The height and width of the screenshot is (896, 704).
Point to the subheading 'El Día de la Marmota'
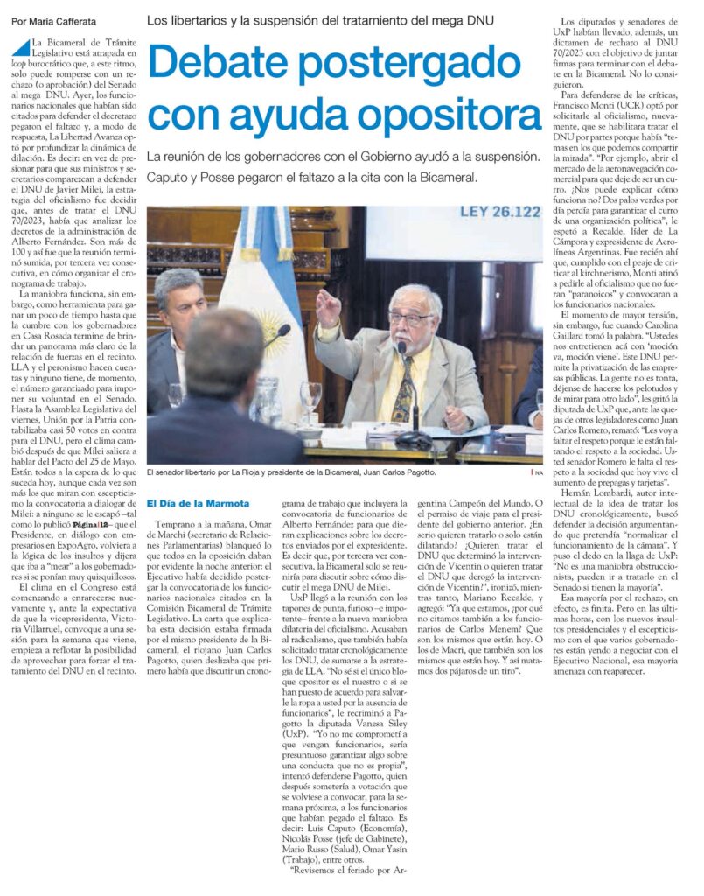198,503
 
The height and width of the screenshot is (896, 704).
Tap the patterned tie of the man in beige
403,386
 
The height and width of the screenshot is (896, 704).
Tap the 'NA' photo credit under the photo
537,472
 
